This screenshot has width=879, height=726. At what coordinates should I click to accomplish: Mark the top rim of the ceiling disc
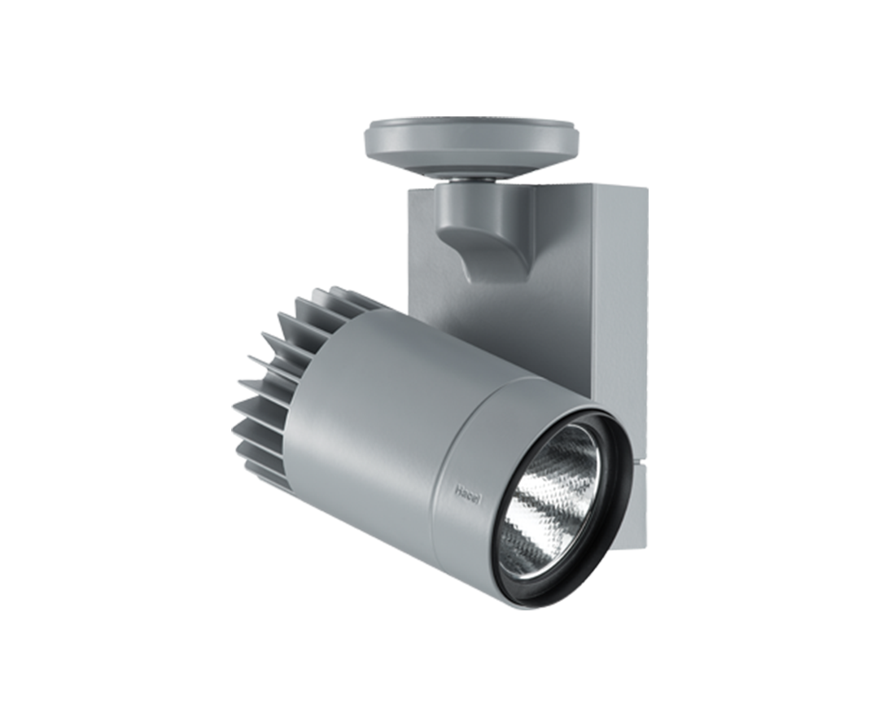point(472,125)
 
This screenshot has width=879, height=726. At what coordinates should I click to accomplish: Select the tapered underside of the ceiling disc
point(472,163)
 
